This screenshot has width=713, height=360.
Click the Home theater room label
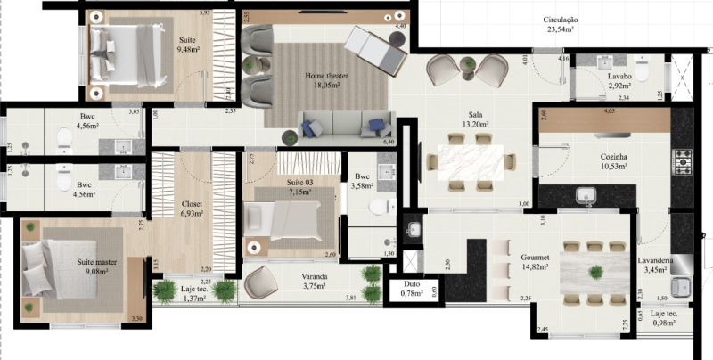tap(325, 77)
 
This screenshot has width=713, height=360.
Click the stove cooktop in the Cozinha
tap(683, 161)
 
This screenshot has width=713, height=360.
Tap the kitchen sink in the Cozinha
tap(586, 194)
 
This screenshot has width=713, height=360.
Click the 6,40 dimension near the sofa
tap(389, 141)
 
